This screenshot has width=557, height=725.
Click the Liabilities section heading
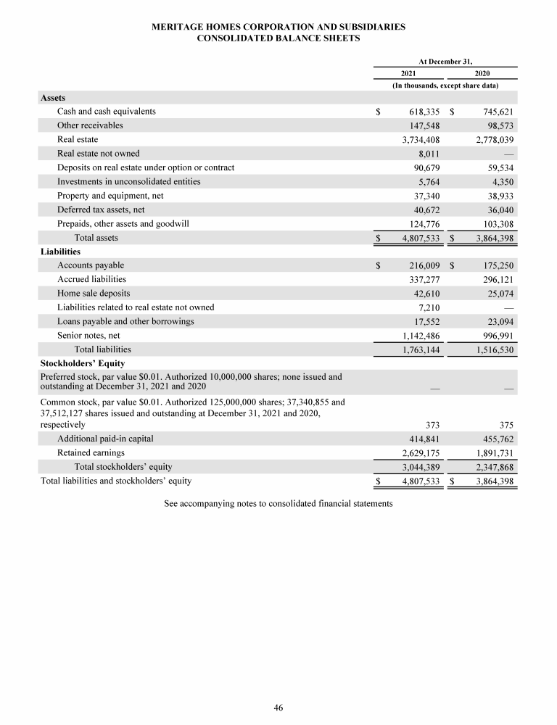point(60,252)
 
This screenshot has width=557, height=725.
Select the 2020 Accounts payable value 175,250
point(496,266)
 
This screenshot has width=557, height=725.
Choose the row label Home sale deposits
point(94,294)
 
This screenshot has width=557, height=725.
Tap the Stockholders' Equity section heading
point(83,363)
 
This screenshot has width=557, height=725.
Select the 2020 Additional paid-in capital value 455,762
point(496,439)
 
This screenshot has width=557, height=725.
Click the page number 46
point(278,708)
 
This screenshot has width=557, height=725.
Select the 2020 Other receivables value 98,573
point(499,125)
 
